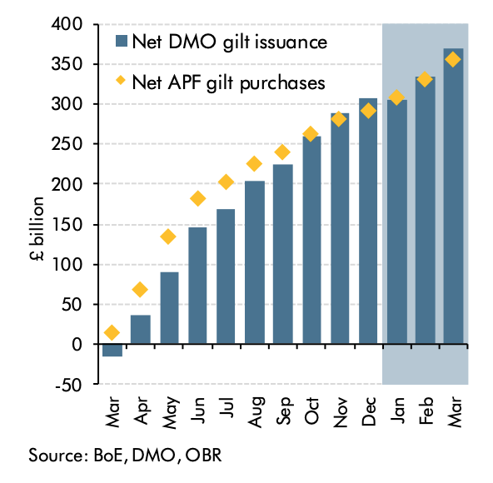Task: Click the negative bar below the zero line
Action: [x=112, y=350]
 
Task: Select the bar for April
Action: [x=141, y=329]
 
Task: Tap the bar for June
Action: [x=197, y=286]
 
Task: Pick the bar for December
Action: [x=368, y=221]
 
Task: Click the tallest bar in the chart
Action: [x=453, y=197]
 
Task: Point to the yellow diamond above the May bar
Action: [x=168, y=237]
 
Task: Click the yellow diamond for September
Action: [x=282, y=152]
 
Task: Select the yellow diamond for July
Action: [x=226, y=182]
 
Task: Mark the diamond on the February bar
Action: [x=425, y=79]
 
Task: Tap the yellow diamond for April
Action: [x=140, y=289]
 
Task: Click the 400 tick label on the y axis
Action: [x=67, y=24]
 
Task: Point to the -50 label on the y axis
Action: [x=68, y=385]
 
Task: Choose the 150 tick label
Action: [x=67, y=225]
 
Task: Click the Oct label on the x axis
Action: [x=311, y=411]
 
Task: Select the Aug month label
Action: [x=256, y=412]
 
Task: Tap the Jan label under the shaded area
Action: [x=397, y=411]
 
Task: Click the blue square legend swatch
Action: [x=122, y=41]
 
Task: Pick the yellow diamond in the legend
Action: [x=121, y=81]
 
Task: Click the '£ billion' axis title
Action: [x=37, y=229]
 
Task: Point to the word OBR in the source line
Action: [x=203, y=456]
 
